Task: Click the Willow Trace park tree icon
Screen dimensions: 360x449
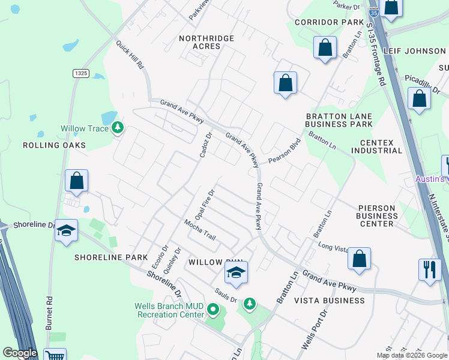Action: pyautogui.click(x=118, y=128)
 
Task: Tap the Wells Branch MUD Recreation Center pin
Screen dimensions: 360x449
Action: pyautogui.click(x=212, y=310)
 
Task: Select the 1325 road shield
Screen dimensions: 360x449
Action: pyautogui.click(x=81, y=73)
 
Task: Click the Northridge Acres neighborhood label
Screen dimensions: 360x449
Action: pyautogui.click(x=206, y=43)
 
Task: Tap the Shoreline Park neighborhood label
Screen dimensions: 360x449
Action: pyautogui.click(x=111, y=257)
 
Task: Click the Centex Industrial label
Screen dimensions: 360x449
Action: pyautogui.click(x=376, y=146)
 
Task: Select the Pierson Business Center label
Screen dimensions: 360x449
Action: pyautogui.click(x=376, y=216)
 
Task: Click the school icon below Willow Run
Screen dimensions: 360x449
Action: pyautogui.click(x=237, y=274)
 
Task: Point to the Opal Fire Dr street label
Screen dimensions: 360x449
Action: pyautogui.click(x=204, y=204)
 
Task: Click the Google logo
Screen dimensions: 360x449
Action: pyautogui.click(x=20, y=353)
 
